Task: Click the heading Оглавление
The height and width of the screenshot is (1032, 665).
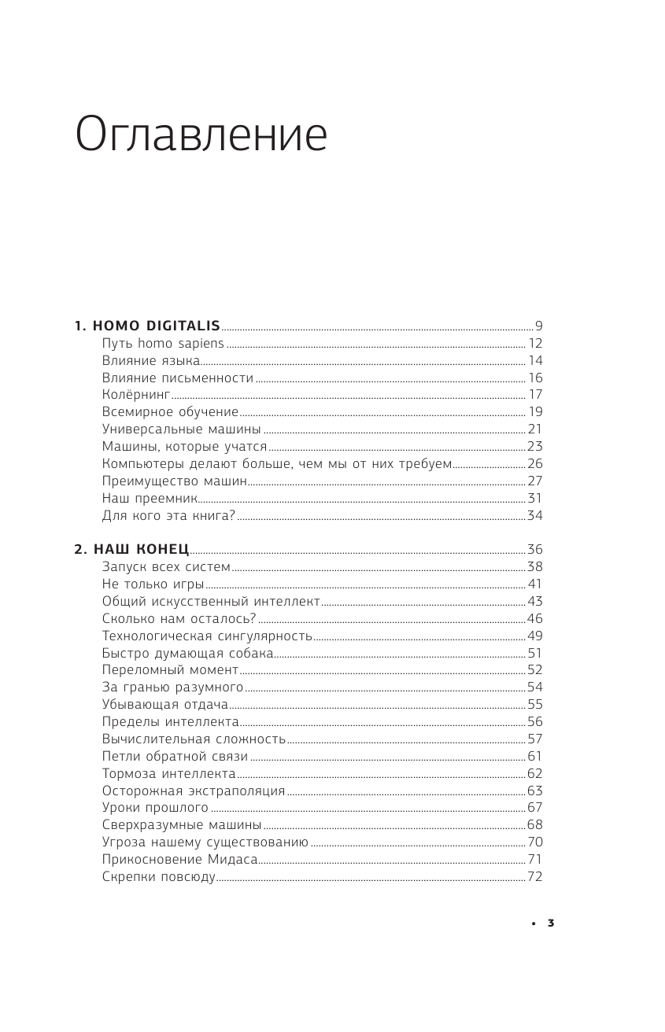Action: [201, 135]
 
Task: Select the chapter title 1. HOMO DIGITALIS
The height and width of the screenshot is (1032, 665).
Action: [147, 326]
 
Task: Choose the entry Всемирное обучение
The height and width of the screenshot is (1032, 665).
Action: [170, 412]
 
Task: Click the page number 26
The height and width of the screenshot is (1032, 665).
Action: [535, 463]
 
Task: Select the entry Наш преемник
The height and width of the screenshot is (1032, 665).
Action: [148, 498]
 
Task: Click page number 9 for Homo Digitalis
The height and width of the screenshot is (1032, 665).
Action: [539, 326]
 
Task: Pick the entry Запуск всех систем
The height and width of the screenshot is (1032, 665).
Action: [166, 567]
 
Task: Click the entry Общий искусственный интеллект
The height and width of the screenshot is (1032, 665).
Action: [211, 602]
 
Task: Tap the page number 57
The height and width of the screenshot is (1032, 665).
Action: [535, 739]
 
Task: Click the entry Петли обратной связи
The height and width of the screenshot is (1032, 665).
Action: [175, 757]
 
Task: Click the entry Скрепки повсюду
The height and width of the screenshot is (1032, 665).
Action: [158, 877]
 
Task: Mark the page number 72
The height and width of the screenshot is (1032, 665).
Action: [535, 877]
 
